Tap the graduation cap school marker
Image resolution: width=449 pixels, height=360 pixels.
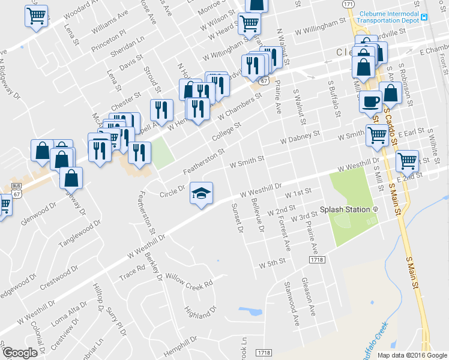202,193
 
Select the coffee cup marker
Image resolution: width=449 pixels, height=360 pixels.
371,101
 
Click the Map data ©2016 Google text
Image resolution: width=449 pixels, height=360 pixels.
412,355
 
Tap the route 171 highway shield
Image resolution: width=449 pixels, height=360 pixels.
348,4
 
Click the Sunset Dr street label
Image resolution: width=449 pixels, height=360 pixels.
236,217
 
